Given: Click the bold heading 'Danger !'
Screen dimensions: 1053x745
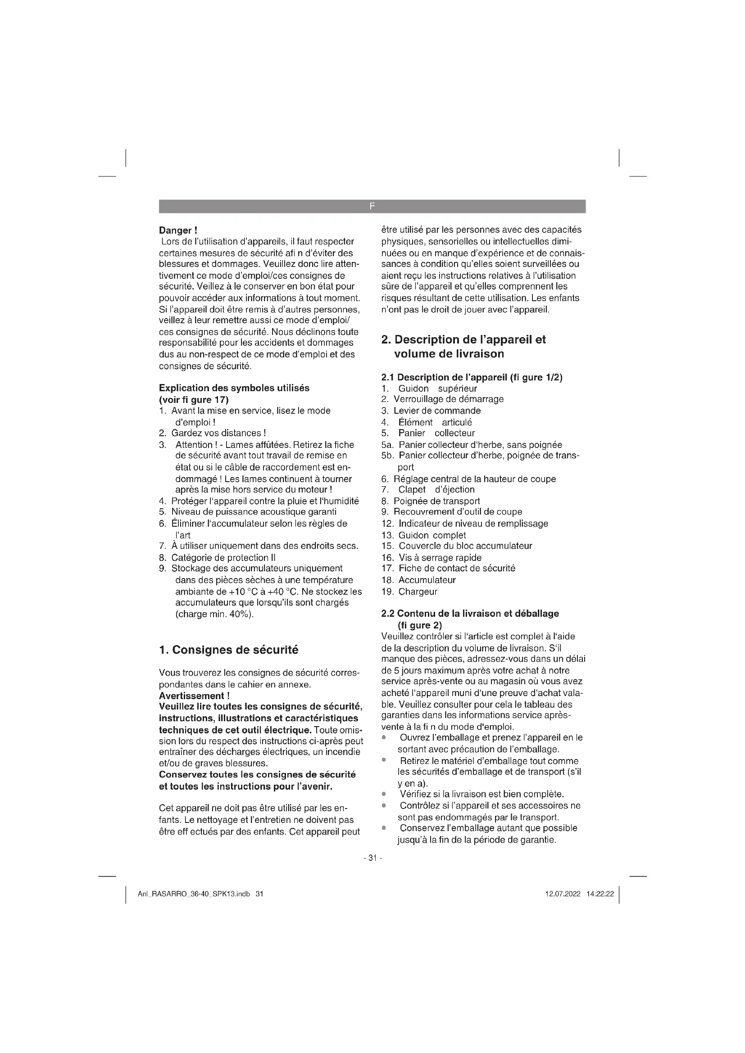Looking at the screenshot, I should click(178, 230).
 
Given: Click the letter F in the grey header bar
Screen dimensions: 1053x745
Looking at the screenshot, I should click(372, 206).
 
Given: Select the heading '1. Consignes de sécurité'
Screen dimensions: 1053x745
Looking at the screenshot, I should click(228, 650).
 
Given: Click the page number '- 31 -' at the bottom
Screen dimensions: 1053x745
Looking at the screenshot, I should click(372, 858).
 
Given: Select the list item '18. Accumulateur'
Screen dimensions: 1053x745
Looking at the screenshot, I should click(418, 580).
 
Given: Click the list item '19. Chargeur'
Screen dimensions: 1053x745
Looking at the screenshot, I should click(409, 592).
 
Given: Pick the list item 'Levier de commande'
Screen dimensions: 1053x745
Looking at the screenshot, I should click(437, 411).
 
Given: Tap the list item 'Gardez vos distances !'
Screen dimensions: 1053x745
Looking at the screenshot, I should click(218, 433).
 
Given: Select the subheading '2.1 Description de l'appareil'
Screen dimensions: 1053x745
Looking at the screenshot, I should click(472, 377).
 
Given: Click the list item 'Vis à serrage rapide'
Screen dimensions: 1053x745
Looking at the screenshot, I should click(440, 558).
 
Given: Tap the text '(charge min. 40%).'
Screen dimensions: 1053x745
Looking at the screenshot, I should click(214, 614).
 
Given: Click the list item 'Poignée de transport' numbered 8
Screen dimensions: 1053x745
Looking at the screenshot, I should click(436, 501).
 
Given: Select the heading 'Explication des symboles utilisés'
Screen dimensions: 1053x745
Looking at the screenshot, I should click(234, 388).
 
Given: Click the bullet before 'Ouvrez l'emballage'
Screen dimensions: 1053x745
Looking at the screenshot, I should click(383, 737).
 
